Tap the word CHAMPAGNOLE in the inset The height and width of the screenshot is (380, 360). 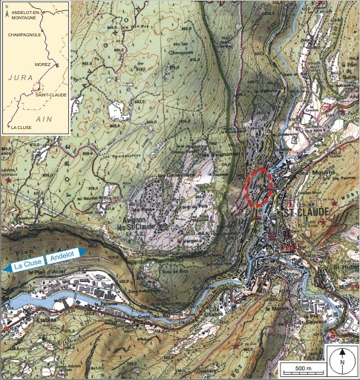tap(23, 34)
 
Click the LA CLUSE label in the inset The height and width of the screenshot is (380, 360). tap(22, 128)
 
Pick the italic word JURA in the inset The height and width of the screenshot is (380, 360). tap(19, 77)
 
